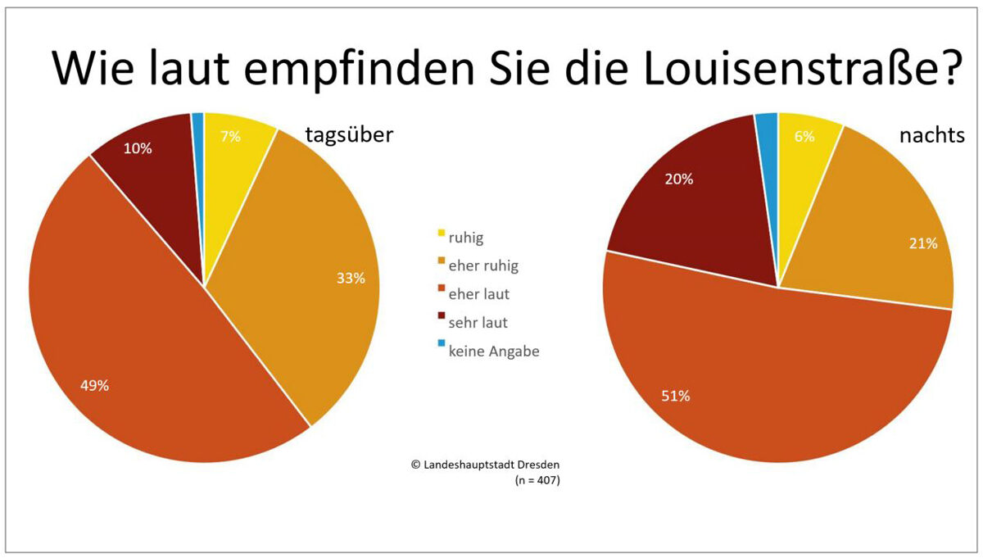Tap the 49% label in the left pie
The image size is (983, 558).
pos(95,386)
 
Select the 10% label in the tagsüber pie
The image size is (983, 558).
pos(138,148)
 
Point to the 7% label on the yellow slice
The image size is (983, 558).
pos(230,137)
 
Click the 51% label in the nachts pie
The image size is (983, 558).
pos(676,397)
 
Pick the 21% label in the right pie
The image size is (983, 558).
pos(923,243)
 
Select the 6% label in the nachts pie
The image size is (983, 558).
pos(804,137)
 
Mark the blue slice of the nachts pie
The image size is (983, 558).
pos(768,131)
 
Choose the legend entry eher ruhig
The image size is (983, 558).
pos(482,265)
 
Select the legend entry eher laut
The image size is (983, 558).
pos(478,294)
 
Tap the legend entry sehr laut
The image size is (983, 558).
pos(478,323)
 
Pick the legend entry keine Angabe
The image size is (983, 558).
pos(493,352)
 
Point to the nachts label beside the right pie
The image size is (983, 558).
pos(932,135)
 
